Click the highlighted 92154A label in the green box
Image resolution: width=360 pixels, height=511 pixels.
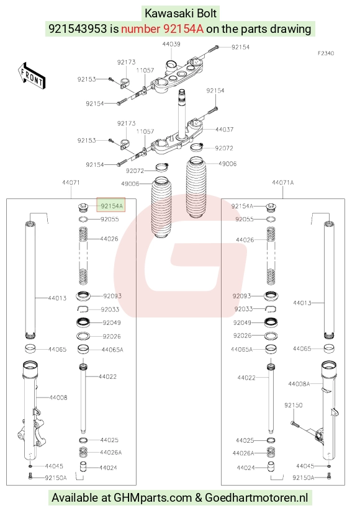point(111,206)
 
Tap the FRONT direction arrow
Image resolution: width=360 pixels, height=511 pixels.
point(31,76)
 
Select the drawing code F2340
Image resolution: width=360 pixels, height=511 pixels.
point(326,53)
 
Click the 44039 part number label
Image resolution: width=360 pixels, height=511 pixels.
point(171,43)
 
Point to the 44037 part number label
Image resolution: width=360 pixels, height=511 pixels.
point(224,130)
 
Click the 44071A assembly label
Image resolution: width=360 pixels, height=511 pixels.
point(282,182)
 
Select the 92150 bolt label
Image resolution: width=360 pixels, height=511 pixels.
point(293,405)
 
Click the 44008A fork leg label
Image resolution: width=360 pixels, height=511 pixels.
point(299,384)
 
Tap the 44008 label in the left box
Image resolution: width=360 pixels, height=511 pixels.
point(58,398)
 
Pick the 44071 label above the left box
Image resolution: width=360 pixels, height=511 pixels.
point(71,182)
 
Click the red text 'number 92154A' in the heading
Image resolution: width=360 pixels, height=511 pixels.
point(163,29)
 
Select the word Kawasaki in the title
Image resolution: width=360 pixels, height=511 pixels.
point(166,14)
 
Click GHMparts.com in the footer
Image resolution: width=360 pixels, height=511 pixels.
point(153,497)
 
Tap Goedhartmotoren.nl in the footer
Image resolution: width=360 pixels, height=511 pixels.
point(256,497)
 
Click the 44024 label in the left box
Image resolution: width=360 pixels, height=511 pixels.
point(108,468)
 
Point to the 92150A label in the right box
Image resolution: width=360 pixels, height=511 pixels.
point(304,478)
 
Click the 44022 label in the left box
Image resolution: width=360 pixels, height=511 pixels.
point(107,376)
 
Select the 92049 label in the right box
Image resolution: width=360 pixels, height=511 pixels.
point(242,322)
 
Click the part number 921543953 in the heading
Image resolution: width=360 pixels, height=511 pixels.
point(78,29)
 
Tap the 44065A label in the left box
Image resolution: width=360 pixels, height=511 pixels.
point(112,350)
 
